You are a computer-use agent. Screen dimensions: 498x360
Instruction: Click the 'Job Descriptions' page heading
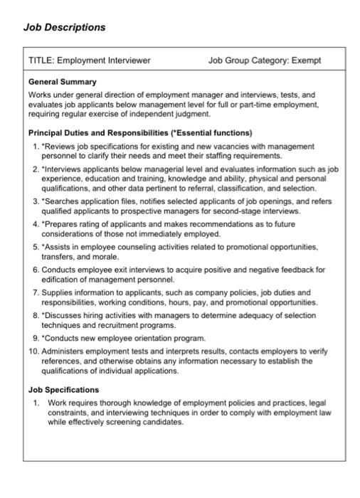[x=64, y=27]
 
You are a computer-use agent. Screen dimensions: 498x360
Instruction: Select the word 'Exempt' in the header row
[x=307, y=60]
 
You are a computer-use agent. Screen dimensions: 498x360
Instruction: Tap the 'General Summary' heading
[x=62, y=83]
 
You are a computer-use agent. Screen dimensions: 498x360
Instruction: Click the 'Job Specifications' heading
[x=63, y=390]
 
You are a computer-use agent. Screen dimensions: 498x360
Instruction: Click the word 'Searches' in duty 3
[x=62, y=201]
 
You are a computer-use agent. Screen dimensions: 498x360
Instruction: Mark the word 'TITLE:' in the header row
[x=41, y=60]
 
